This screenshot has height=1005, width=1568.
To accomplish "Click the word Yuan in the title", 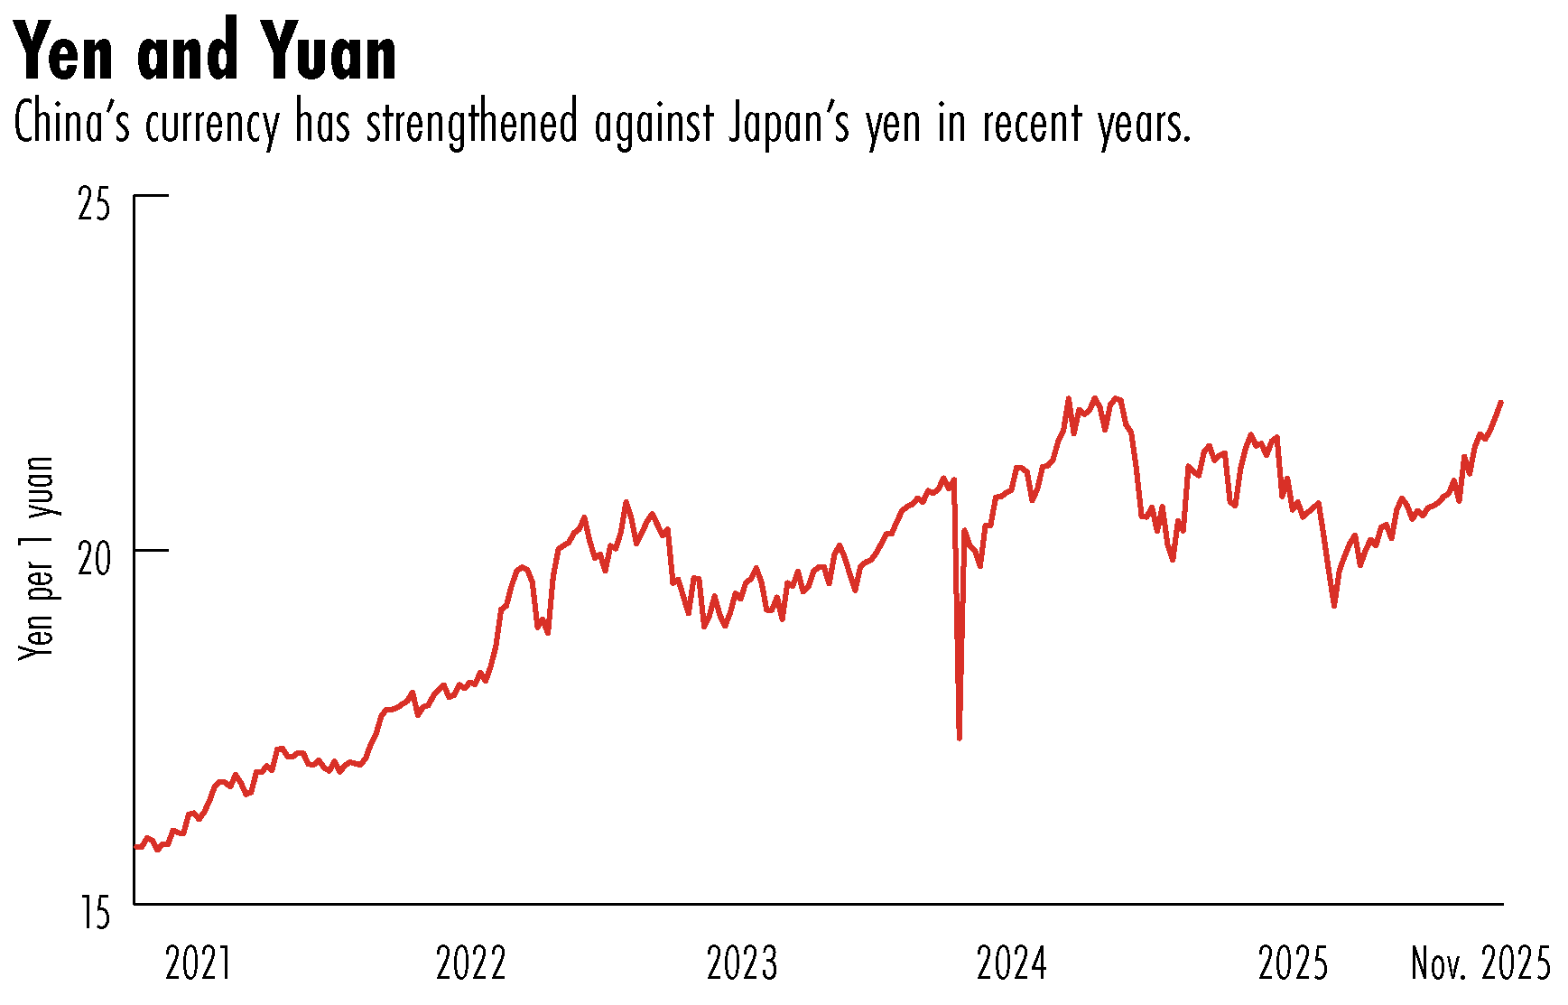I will (x=331, y=52).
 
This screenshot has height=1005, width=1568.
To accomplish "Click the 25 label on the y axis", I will (x=94, y=206).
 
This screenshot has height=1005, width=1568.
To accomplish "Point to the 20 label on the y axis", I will (x=94, y=560).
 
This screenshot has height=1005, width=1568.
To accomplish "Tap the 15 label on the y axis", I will (x=94, y=914).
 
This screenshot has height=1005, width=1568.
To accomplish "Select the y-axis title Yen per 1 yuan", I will (x=38, y=558).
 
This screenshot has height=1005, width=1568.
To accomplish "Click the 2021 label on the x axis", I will (x=199, y=964).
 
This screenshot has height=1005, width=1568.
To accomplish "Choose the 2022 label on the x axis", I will (x=470, y=964).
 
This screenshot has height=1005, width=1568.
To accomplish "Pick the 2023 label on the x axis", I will (x=742, y=964).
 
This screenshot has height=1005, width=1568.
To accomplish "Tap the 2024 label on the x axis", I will (x=1012, y=964).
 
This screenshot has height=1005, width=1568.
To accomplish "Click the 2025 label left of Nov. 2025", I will (x=1293, y=964).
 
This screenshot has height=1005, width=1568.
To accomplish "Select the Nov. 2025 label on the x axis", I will (x=1480, y=964).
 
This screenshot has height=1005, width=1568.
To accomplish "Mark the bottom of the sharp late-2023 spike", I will (x=959, y=738).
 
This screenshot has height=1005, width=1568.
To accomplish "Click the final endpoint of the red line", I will (x=1501, y=402).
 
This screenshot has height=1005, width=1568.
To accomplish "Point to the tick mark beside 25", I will (x=152, y=195).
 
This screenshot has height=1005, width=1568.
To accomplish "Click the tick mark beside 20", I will (x=152, y=550).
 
